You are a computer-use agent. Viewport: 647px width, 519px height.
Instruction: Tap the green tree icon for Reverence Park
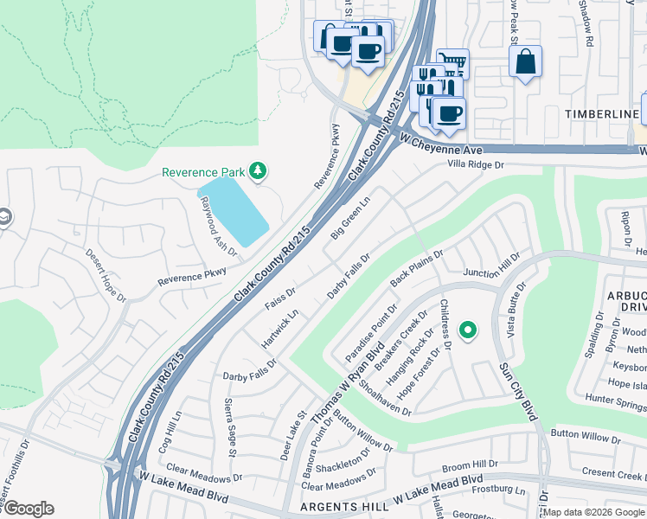(x=257, y=171)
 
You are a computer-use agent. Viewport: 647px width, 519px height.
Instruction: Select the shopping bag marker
(x=525, y=62)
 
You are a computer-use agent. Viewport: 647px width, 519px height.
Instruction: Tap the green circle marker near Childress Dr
(x=468, y=330)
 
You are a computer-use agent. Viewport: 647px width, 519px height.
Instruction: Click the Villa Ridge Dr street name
(x=475, y=163)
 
